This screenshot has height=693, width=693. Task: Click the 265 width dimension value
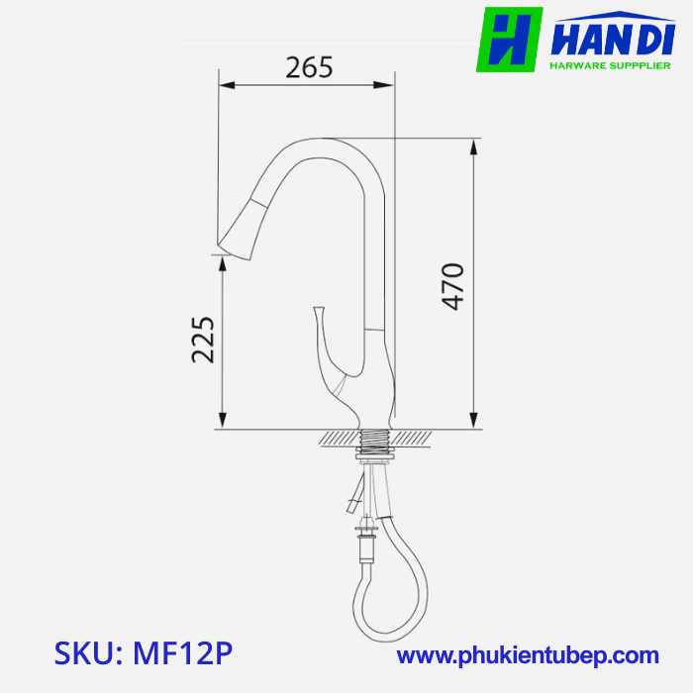[309, 67]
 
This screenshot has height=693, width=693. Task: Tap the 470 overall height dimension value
[452, 286]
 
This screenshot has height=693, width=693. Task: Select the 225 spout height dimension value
[203, 340]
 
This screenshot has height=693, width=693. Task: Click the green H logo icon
[510, 40]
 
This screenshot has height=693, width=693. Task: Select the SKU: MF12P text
[145, 654]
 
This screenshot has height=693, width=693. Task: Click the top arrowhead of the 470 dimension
[475, 146]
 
